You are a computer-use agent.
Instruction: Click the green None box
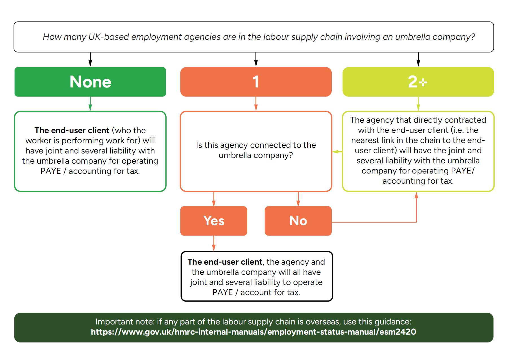tap(90, 82)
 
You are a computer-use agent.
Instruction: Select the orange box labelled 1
tap(256, 82)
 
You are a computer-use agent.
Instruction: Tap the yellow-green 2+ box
tap(418, 82)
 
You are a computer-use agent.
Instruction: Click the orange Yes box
tap(214, 221)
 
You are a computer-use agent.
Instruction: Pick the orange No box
tap(298, 221)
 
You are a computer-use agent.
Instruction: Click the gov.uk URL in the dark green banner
tap(253, 332)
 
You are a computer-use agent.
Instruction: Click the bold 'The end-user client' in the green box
tap(72, 130)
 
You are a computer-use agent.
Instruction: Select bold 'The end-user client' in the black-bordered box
tap(225, 262)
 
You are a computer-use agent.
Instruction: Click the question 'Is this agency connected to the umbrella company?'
tap(256, 150)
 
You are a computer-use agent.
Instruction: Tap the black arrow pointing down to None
tap(90, 60)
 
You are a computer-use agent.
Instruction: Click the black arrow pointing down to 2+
tap(418, 60)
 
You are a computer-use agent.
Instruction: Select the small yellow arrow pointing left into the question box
tap(337, 152)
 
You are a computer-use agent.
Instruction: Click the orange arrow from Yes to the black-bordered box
tap(214, 244)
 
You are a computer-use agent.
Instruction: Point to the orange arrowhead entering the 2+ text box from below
tap(416, 195)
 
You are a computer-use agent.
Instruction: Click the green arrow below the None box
tap(90, 104)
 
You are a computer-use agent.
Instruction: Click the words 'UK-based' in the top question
tap(109, 37)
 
